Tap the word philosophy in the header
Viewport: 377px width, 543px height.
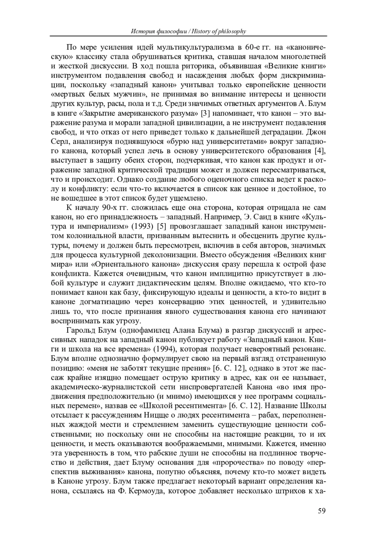[230, 31]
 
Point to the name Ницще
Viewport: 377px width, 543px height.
[155, 415]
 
